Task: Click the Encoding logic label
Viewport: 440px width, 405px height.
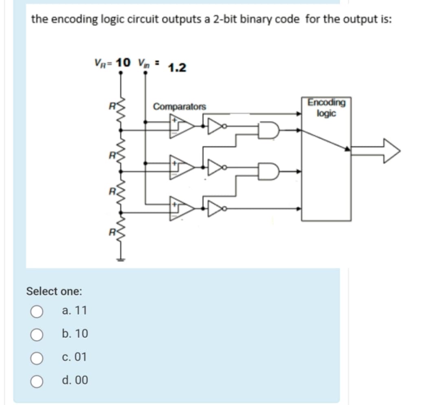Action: (326, 108)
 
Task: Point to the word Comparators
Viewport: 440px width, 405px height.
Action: (179, 107)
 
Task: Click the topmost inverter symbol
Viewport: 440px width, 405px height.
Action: (215, 126)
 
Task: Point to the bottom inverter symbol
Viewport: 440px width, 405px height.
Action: (215, 208)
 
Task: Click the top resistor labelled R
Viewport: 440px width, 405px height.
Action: (120, 114)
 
